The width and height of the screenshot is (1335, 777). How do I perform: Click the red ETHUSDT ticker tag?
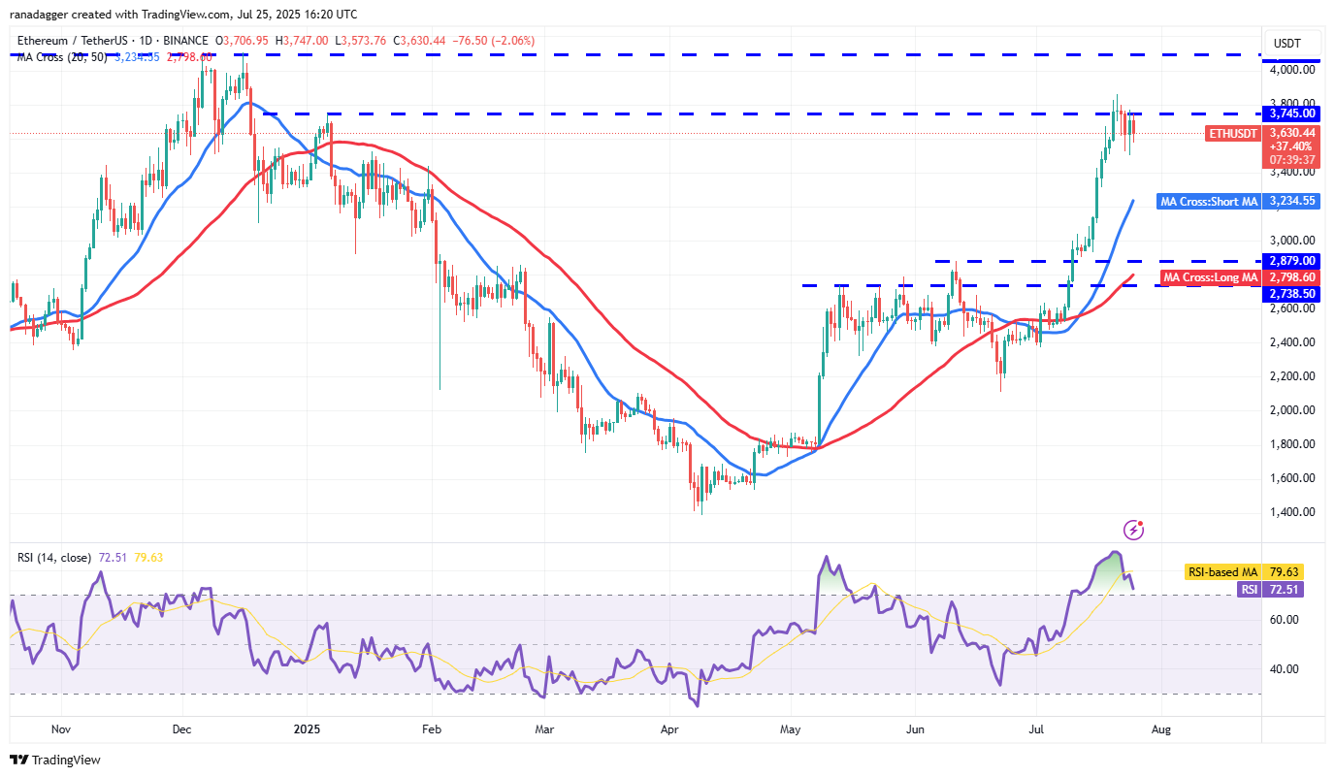point(1232,133)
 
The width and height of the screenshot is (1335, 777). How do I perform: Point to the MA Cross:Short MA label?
point(1209,202)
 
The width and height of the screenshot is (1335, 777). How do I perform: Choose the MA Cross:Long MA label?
point(1210,278)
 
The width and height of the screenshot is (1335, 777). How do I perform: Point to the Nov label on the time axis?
point(60,728)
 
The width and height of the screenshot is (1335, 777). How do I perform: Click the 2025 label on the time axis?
point(307,728)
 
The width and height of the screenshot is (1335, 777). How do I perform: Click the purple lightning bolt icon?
point(1133,530)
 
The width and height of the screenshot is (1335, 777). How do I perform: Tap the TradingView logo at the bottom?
point(55,761)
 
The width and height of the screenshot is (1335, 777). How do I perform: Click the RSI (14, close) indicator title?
point(54,558)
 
